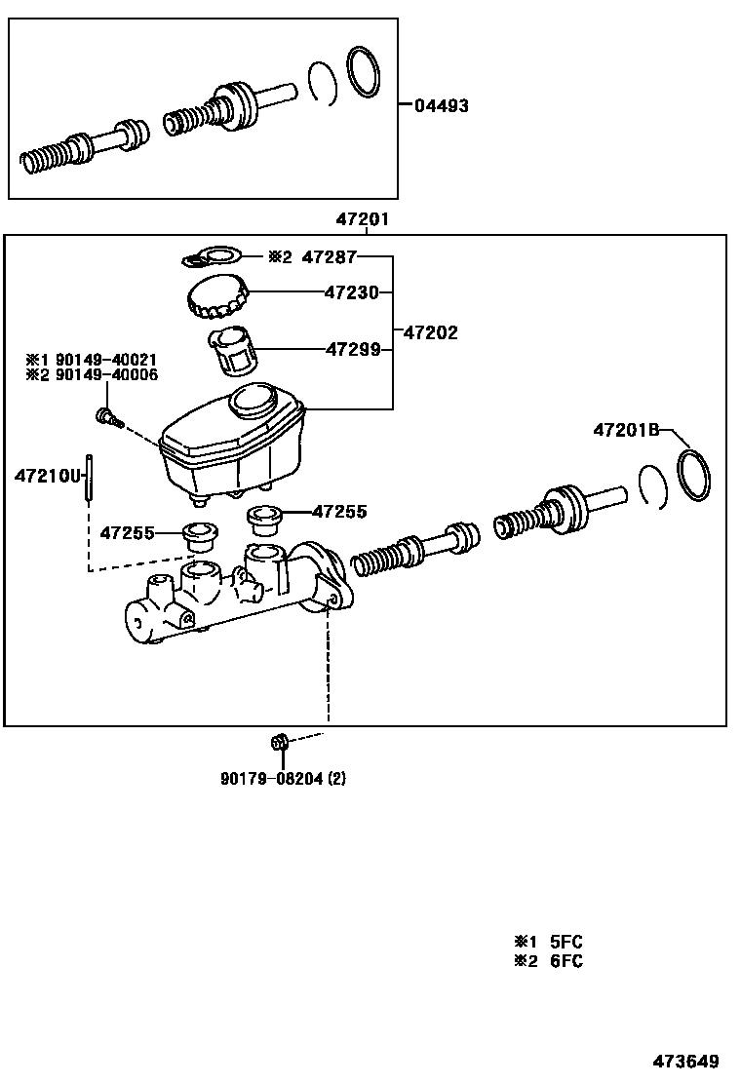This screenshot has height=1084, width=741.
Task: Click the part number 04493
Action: (x=441, y=105)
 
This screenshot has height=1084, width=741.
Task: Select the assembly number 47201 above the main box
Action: (x=363, y=220)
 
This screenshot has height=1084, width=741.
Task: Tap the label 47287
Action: (x=330, y=258)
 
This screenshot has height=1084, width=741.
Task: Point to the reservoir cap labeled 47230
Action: (x=217, y=295)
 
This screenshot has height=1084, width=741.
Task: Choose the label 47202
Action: (x=431, y=332)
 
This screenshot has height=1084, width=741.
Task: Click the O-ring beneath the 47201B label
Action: (x=694, y=476)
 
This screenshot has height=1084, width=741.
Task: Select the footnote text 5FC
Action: (x=565, y=942)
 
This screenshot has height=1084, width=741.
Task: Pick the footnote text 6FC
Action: (x=565, y=961)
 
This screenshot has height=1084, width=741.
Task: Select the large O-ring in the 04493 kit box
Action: (x=363, y=72)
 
